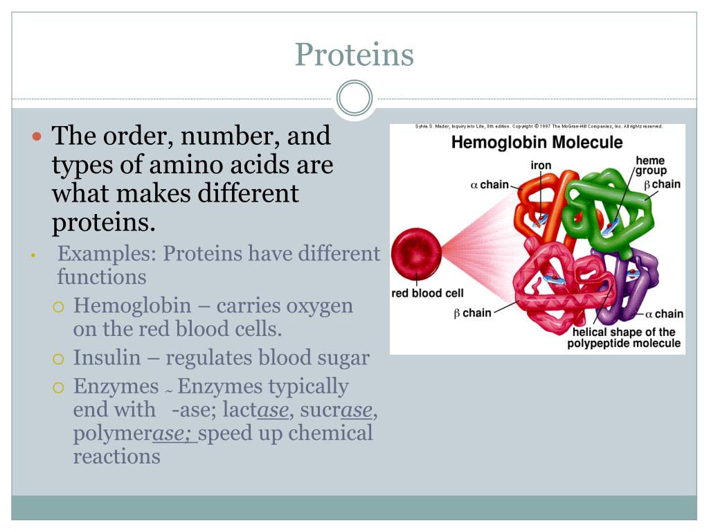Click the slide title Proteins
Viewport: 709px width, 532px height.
coord(354,55)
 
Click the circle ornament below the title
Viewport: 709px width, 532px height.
coord(354,98)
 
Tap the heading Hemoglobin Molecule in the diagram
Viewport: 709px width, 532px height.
coord(537,143)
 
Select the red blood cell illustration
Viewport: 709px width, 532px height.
coord(416,251)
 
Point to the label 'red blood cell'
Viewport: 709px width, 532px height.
coord(428,293)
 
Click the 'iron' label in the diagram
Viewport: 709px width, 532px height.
coord(541,166)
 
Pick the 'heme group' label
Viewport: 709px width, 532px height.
coord(650,166)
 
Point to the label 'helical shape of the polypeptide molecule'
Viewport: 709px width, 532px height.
coord(624,338)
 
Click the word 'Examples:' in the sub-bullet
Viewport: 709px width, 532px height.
coord(107,254)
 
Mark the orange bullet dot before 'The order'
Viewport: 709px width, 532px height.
coord(38,136)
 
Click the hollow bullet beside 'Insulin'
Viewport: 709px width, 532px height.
coord(59,359)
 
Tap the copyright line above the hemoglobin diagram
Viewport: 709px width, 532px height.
coord(539,127)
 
